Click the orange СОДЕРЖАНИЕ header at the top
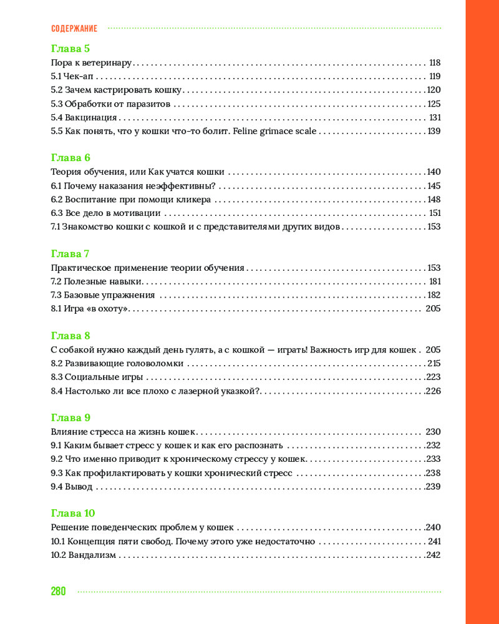74,29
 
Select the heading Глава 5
70,48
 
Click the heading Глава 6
70,158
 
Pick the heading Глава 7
70,253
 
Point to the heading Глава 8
70,336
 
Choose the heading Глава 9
70,417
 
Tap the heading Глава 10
72,514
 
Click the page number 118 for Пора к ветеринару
435,63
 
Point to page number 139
434,132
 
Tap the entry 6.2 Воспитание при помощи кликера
130,200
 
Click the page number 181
435,281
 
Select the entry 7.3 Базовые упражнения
102,295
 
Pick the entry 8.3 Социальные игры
97,378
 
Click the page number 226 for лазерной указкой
433,391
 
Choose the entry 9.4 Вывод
71,487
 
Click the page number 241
434,542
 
